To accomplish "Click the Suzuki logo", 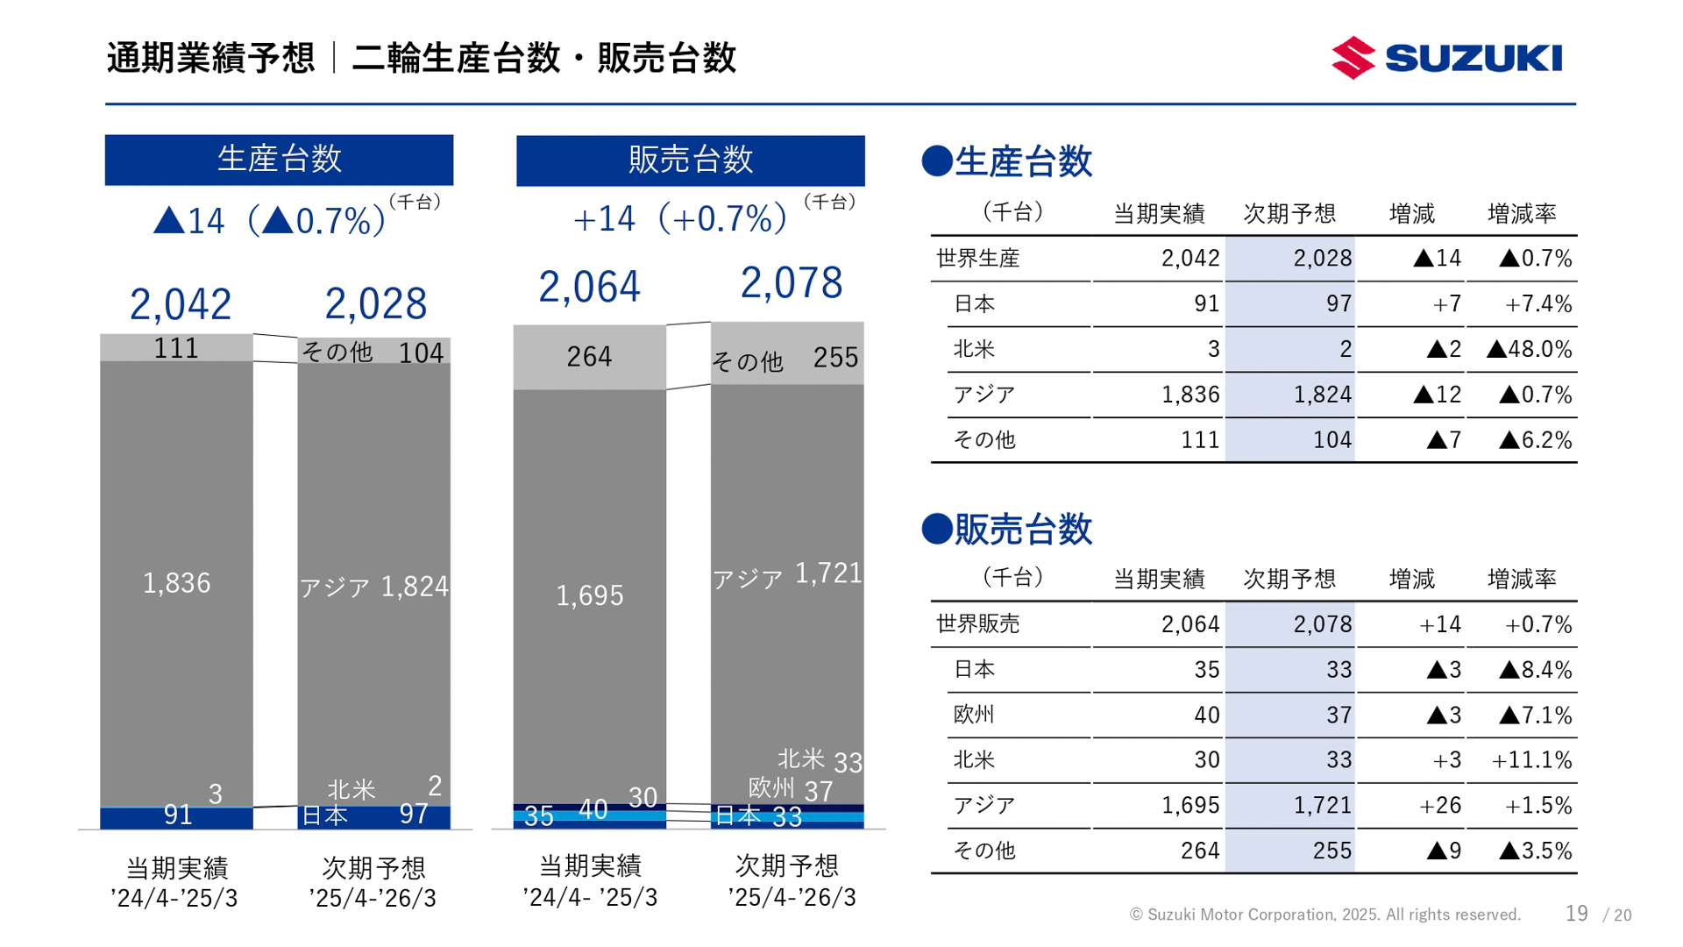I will [x=1446, y=58].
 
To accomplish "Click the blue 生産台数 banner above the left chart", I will [x=279, y=160].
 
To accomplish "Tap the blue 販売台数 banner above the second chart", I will [x=690, y=160].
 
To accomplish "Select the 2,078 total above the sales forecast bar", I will [x=791, y=283].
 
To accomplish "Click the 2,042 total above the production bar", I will [x=180, y=304].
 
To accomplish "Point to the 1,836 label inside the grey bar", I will [x=176, y=583].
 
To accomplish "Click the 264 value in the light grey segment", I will [x=588, y=357].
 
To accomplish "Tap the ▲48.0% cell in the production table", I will [x=1529, y=349].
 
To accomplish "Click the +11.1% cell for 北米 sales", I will [x=1531, y=759].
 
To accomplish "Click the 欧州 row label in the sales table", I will [x=974, y=715].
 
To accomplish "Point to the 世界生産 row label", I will [x=978, y=259].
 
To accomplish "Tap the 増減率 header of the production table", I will [x=1522, y=213].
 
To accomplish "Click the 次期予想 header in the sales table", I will [x=1289, y=579].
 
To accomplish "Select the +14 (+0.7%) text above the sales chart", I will [x=679, y=218].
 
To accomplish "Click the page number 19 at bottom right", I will [x=1576, y=914].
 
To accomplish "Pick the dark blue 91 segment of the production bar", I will [x=177, y=816].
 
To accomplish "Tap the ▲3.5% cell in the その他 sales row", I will [x=1535, y=851].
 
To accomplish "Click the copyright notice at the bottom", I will [x=1324, y=915].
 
